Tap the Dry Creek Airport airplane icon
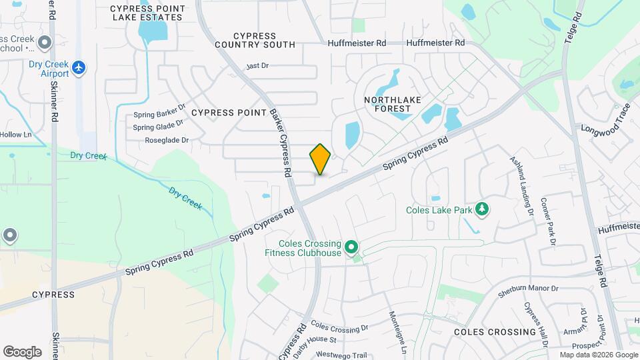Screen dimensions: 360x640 pyautogui.click(x=79, y=67)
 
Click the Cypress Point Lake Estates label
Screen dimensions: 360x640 pyautogui.click(x=146, y=13)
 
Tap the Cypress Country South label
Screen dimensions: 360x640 pyautogui.click(x=255, y=40)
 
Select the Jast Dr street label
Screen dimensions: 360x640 pyautogui.click(x=257, y=66)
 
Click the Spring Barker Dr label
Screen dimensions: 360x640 pyautogui.click(x=159, y=115)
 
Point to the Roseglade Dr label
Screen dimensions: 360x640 pyautogui.click(x=167, y=141)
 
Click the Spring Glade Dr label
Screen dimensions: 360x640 pyautogui.click(x=158, y=127)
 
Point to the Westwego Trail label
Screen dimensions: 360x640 pyautogui.click(x=342, y=355)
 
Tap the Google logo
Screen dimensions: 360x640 pyautogui.click(x=22, y=351)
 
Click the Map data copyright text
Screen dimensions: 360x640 pyautogui.click(x=599, y=355)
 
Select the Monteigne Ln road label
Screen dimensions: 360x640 pyautogui.click(x=397, y=331)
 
